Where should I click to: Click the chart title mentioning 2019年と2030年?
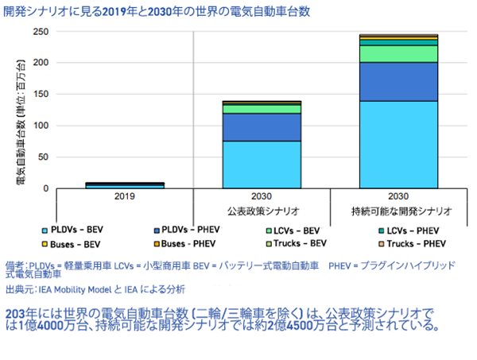pyautogui.click(x=157, y=12)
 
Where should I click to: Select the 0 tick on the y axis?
pyautogui.click(x=47, y=188)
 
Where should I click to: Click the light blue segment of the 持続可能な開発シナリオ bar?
pyautogui.click(x=397, y=149)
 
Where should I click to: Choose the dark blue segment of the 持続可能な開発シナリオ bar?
pyautogui.click(x=397, y=86)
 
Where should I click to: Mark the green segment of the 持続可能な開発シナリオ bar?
pyautogui.click(x=397, y=53)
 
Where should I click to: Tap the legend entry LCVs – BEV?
pyautogui.click(x=301, y=229)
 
